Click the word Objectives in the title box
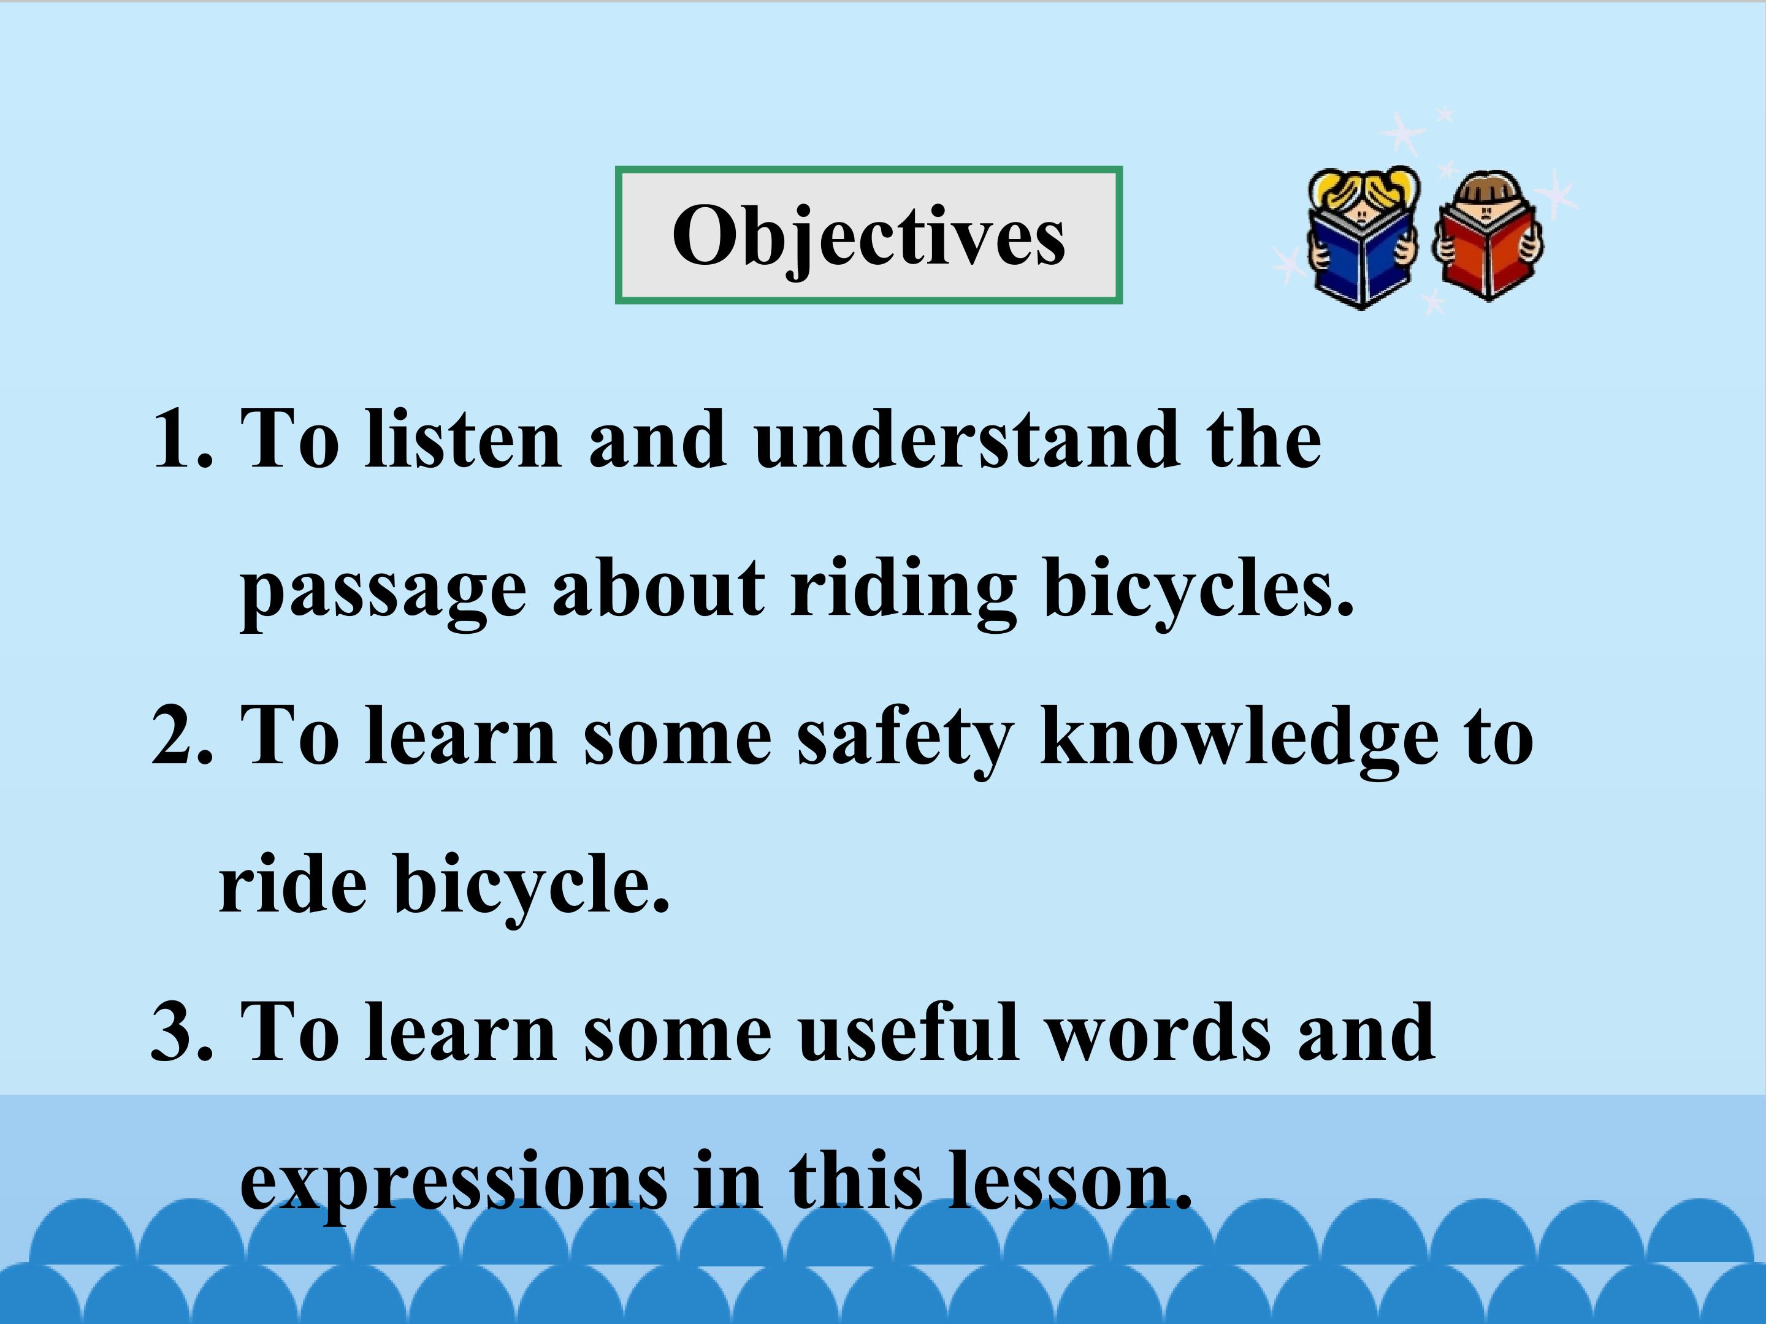point(869,238)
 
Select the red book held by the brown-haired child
point(1486,251)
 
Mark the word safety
point(905,738)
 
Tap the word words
point(1158,1031)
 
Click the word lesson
point(1071,1179)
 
